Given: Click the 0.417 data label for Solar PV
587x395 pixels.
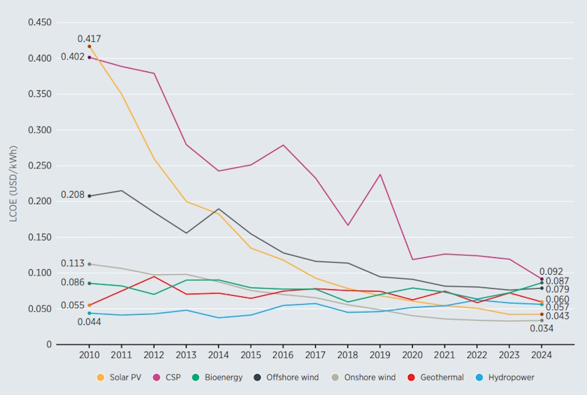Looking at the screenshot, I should click(x=89, y=38).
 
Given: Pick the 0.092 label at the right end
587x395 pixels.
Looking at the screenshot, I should click(x=551, y=271).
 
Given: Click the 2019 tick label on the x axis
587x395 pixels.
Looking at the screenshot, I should click(x=380, y=355).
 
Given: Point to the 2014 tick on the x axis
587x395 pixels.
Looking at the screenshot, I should click(x=219, y=355).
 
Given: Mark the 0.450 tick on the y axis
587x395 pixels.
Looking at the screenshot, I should click(x=40, y=22).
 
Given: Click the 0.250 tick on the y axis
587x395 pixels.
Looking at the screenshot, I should click(x=40, y=166).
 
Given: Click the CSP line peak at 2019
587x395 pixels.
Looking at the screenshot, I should click(x=380, y=174).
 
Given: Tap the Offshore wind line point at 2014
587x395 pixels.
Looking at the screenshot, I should click(x=219, y=209).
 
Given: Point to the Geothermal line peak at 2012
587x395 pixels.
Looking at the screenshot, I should click(x=154, y=276).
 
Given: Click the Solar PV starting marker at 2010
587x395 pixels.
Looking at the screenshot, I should click(x=89, y=46).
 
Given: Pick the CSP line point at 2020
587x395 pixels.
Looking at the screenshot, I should click(x=412, y=259).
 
